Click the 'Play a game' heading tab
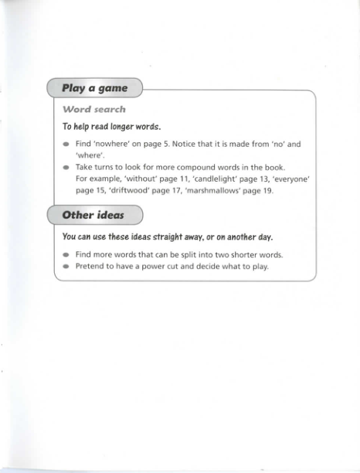tap(94, 89)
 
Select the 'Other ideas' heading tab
tap(93, 215)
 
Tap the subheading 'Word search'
tap(94, 110)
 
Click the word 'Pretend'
tap(90, 267)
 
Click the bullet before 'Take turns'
tap(66, 168)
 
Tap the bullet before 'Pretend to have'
tap(66, 267)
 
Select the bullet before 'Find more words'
tap(66, 255)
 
